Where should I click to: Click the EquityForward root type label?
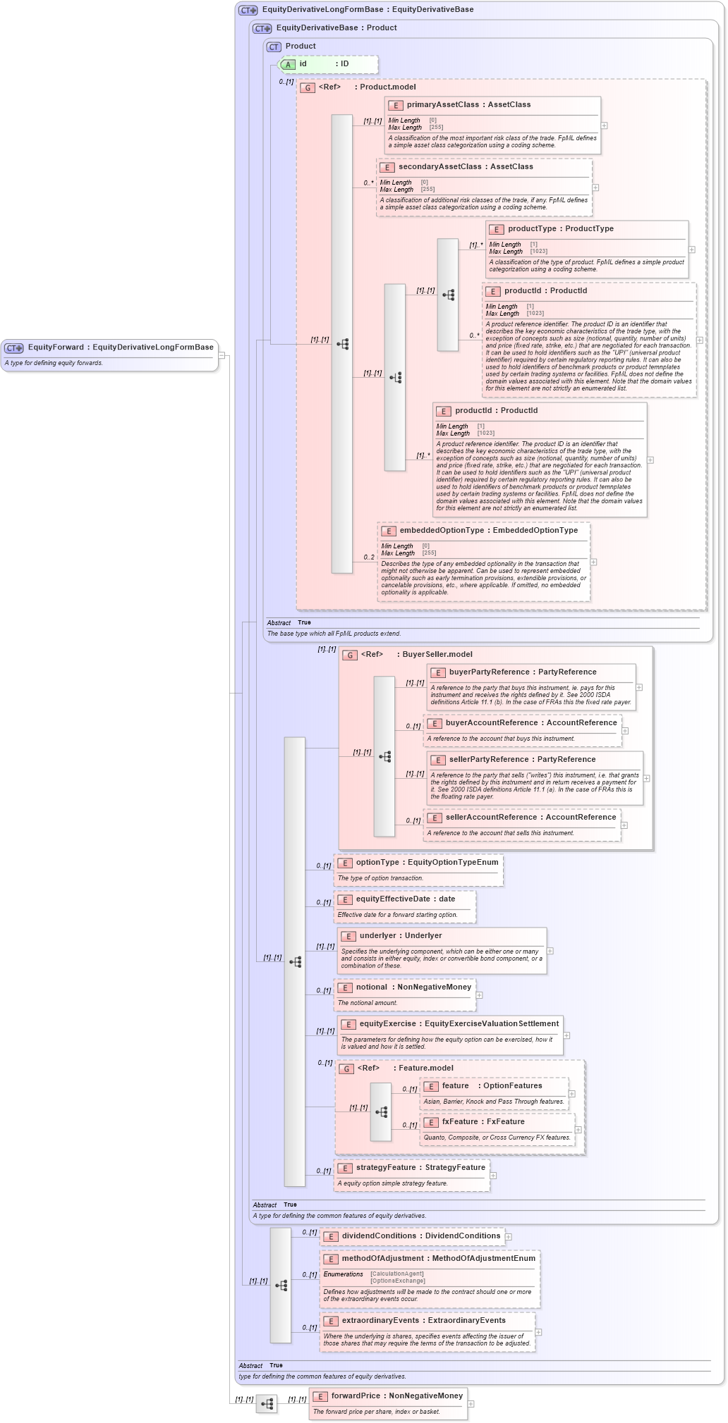coord(56,347)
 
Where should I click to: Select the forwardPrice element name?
coord(356,1396)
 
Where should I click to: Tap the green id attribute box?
coord(329,64)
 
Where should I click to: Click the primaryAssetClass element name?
coord(442,105)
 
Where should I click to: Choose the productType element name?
coord(532,229)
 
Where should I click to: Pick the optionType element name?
coord(377,863)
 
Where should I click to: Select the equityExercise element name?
coord(387,1024)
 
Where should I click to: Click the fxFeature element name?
coord(460,1122)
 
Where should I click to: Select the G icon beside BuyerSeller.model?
coord(350,655)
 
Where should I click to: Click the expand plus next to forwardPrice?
coord(471,1404)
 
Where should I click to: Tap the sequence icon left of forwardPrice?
coord(267,1404)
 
